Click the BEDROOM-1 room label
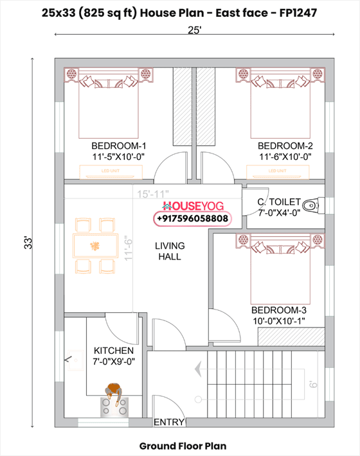tap(119, 145)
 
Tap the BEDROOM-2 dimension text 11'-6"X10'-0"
tap(285, 156)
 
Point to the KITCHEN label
tap(114, 351)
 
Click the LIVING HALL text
tap(170, 251)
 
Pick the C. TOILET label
tap(278, 202)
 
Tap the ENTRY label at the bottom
tap(169, 423)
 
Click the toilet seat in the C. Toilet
tap(310, 206)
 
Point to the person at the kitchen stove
tap(114, 391)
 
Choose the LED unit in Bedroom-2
tap(277, 171)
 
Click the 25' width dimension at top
tap(195, 30)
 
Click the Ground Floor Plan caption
tap(183, 445)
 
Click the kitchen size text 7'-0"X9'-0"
tap(114, 362)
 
